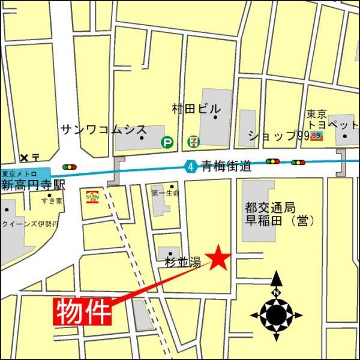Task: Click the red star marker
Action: [x=219, y=257]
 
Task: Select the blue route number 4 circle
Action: [x=190, y=167]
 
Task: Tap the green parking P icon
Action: [x=167, y=142]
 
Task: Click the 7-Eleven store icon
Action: [x=193, y=142]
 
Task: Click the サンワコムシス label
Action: [x=104, y=129]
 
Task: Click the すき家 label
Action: [x=52, y=200]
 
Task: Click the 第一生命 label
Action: [x=165, y=193]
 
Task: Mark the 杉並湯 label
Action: [x=182, y=262]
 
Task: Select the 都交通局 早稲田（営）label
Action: [x=280, y=214]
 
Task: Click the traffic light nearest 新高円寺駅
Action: [x=70, y=167]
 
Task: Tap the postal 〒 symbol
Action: [x=36, y=158]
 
